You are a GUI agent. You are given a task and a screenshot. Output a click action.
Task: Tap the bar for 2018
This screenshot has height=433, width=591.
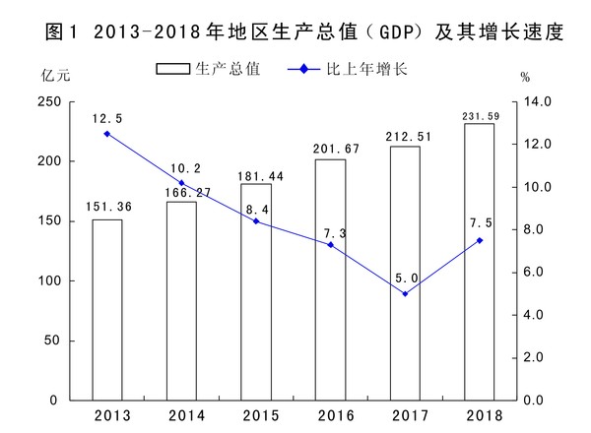tap(480, 262)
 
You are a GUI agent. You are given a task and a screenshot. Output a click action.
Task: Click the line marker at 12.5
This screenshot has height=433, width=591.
tap(107, 134)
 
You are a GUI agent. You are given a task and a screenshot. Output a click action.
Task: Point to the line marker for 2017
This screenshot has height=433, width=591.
tap(405, 293)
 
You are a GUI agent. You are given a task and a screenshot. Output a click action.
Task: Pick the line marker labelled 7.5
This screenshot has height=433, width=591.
tap(480, 240)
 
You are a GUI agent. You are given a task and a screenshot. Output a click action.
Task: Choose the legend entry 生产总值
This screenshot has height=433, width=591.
tap(208, 71)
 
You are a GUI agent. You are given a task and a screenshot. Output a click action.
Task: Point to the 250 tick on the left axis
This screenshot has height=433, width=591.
tap(47, 102)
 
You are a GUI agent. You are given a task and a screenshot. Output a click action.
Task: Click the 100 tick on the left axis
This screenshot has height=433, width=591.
tap(47, 281)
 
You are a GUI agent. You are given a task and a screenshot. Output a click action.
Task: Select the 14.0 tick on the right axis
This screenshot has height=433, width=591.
tap(540, 102)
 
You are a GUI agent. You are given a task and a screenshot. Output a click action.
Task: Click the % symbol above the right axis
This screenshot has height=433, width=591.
tap(525, 78)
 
